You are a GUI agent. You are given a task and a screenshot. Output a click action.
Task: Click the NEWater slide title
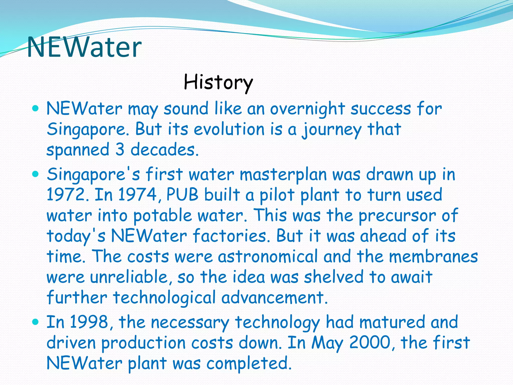click(x=84, y=47)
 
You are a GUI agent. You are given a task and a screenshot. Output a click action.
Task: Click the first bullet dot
click(x=36, y=109)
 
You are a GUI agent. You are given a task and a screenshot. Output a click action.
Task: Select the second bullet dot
click(x=36, y=174)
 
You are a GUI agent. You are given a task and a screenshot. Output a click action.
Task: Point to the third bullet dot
click(x=36, y=322)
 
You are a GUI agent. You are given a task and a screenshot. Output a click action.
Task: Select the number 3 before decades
click(x=120, y=150)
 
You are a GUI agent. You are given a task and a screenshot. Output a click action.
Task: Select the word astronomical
click(x=268, y=257)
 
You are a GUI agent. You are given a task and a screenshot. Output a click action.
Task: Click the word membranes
click(x=433, y=257)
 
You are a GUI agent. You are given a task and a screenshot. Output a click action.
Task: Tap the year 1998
click(x=89, y=322)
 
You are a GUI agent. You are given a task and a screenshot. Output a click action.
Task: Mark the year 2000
click(x=369, y=343)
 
